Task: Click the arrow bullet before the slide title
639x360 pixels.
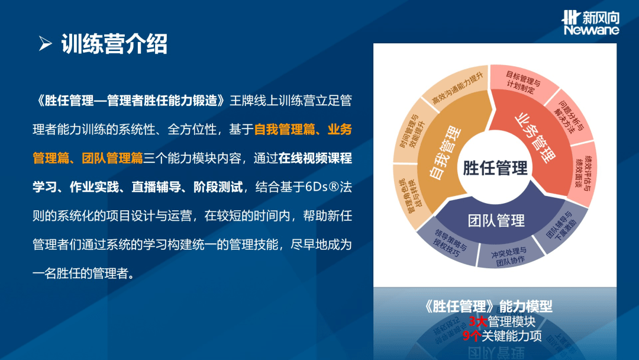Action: (x=45, y=44)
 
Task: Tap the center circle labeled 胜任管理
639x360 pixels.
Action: (x=495, y=168)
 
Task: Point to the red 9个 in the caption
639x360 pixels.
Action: (x=472, y=336)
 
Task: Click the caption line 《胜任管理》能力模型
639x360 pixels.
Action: (x=489, y=307)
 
